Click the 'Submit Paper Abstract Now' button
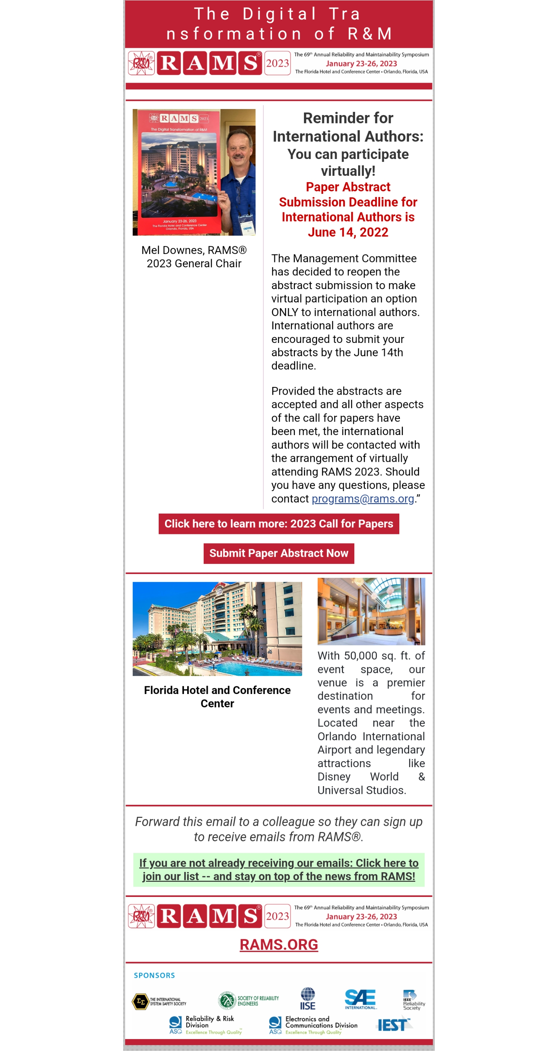point(279,553)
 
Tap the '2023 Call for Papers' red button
point(279,524)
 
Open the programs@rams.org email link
point(362,498)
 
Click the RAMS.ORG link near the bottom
point(279,944)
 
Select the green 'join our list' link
point(279,870)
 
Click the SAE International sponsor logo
point(360,999)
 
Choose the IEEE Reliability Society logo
point(413,1000)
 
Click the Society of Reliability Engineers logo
point(248,1000)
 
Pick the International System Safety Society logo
point(159,1001)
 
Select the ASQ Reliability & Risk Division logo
point(206,1025)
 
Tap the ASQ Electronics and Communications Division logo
point(313,1025)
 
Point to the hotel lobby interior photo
point(371,611)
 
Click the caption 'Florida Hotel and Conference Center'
point(217,696)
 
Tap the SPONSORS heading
point(154,975)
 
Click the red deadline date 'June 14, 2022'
point(348,232)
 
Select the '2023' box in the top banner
point(278,63)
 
